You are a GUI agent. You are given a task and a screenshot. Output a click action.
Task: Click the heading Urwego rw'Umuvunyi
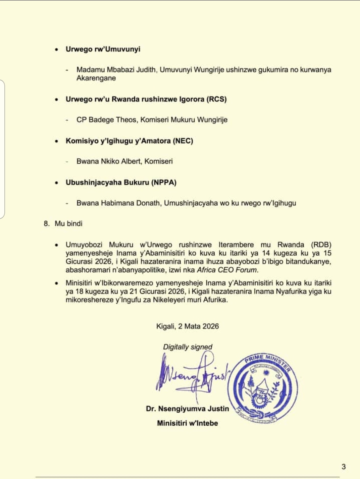(103, 49)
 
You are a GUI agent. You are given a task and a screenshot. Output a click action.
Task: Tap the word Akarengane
(96, 78)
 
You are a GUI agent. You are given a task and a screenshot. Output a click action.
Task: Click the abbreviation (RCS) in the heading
(216, 99)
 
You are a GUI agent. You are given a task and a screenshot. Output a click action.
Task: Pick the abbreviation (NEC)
(183, 141)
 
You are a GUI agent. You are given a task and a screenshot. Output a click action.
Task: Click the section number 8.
(47, 224)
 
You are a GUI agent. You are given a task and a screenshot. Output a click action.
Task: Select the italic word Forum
(247, 270)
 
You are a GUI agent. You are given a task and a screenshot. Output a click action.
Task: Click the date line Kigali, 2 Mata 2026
(187, 326)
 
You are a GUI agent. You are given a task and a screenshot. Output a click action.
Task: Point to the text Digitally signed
(188, 347)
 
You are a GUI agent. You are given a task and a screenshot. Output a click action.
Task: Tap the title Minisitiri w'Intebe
(187, 423)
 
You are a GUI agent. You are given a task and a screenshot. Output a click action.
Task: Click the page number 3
(343, 467)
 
